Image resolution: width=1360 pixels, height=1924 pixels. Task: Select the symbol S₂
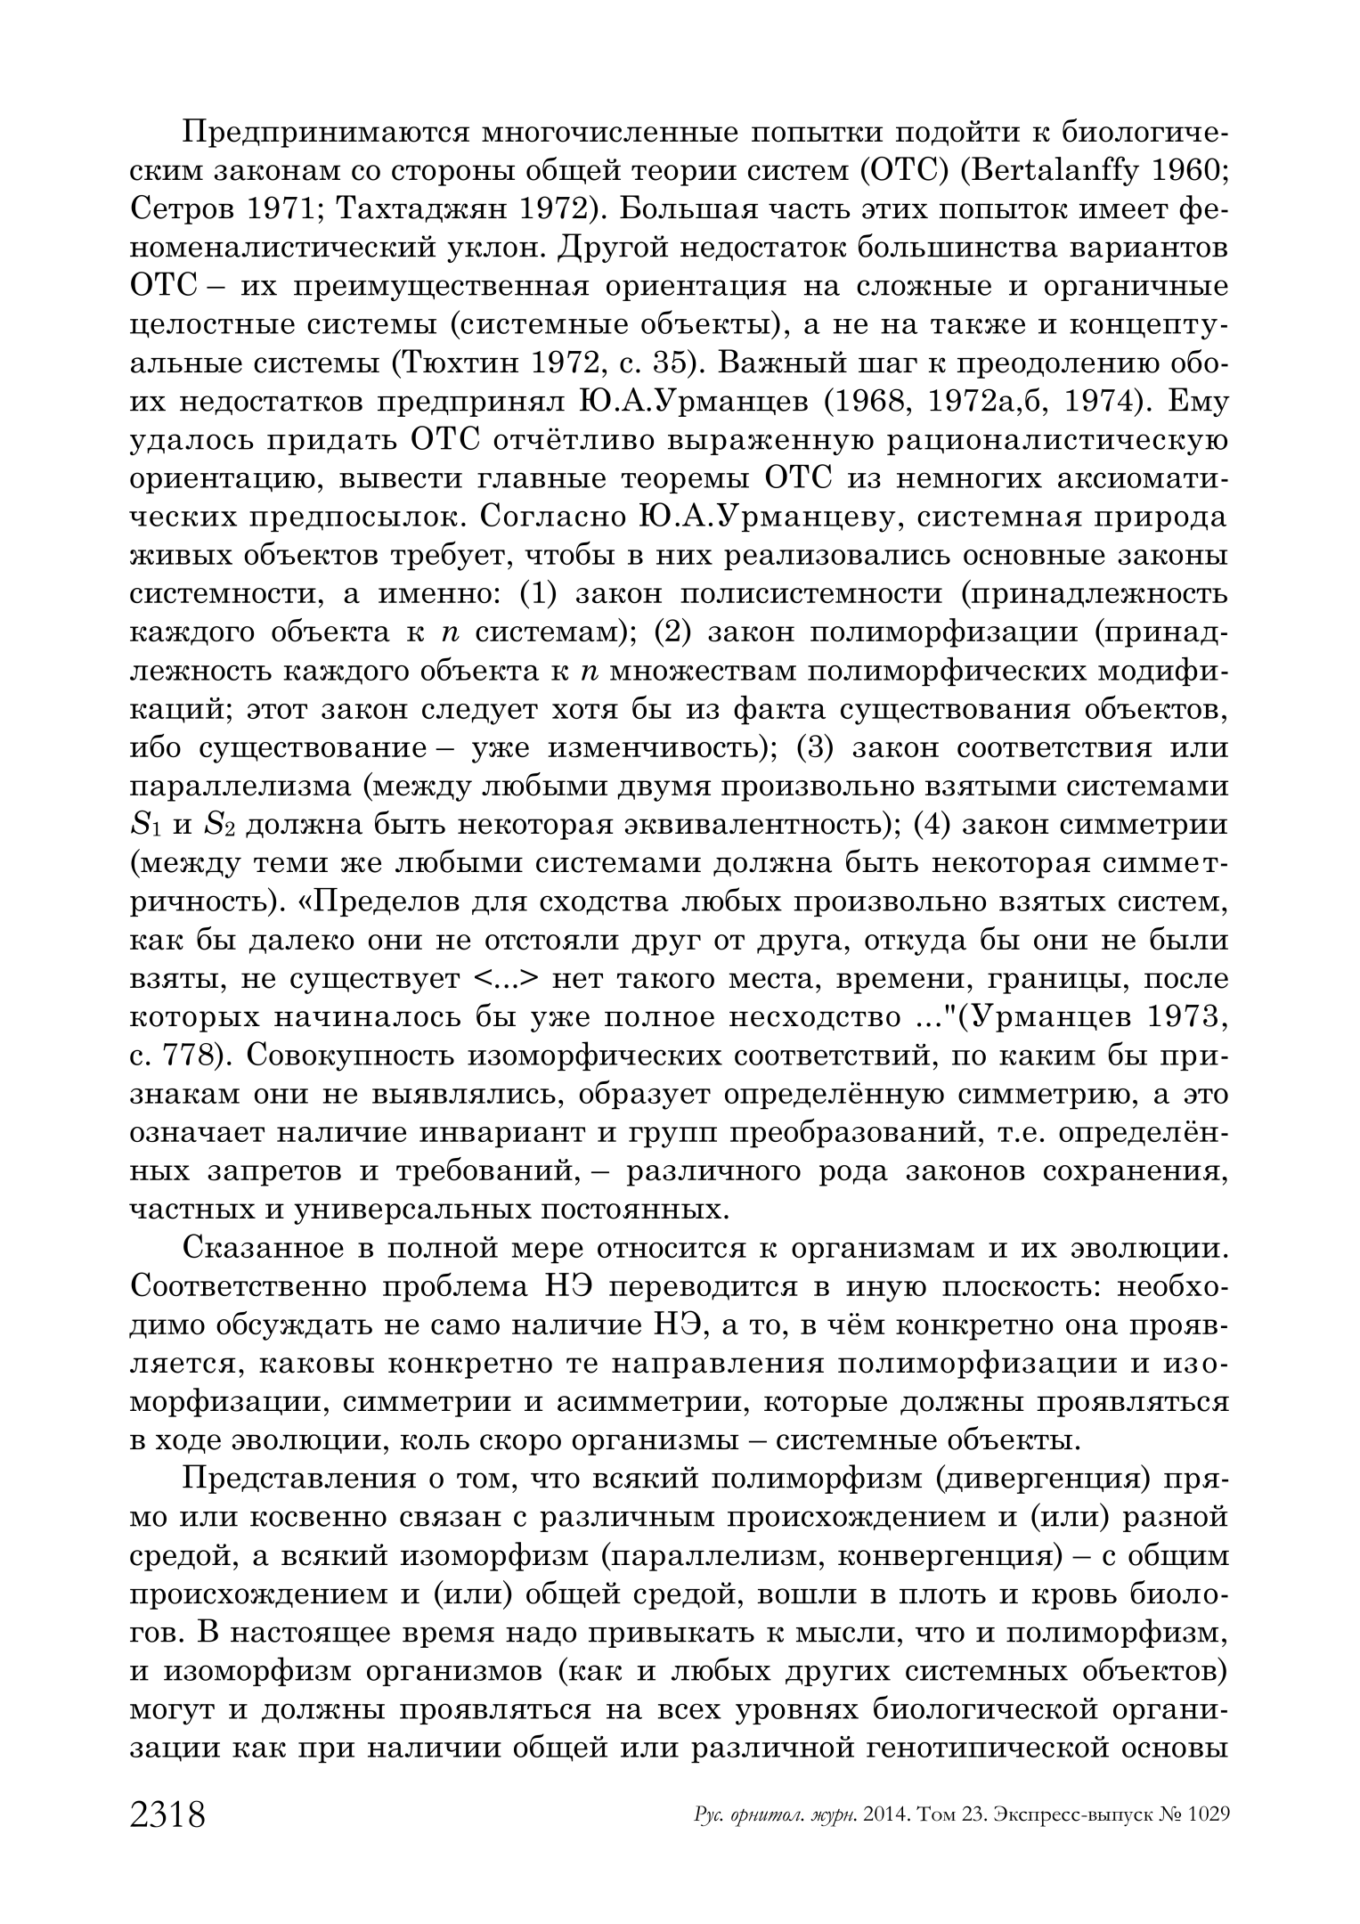218,826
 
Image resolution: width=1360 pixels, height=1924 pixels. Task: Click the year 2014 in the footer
885,1815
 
